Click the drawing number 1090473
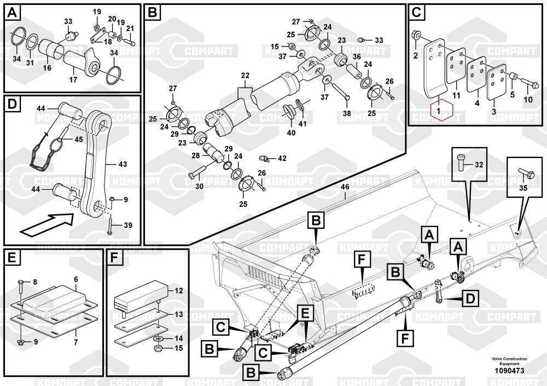tap(509, 371)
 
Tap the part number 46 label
tap(345, 187)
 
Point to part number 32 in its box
tap(479, 165)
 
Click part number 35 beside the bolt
tap(522, 188)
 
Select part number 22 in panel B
tap(245, 75)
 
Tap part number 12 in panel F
tap(178, 291)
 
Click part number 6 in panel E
tap(75, 279)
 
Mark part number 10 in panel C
tap(528, 100)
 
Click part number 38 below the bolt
tap(346, 114)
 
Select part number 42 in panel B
tap(282, 159)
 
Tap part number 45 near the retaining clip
tap(79, 139)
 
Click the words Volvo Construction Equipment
tap(509, 361)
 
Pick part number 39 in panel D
tap(128, 225)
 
